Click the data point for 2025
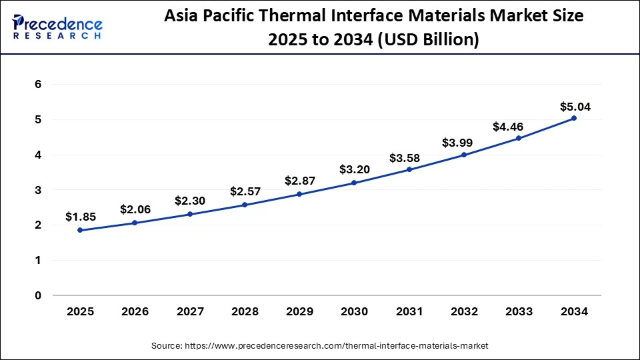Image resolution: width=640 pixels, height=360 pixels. (80, 230)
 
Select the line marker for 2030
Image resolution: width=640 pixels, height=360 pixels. (354, 183)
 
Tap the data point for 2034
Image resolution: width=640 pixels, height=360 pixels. (573, 118)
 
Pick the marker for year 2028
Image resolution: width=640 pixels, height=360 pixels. (245, 205)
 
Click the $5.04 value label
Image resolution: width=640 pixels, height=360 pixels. (575, 106)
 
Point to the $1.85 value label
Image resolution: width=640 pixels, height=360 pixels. (81, 217)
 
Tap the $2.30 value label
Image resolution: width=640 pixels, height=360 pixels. (190, 201)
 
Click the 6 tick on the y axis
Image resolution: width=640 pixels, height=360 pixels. (38, 85)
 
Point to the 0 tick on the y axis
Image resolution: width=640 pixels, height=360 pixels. (38, 295)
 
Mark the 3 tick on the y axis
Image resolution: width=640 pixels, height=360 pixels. (38, 190)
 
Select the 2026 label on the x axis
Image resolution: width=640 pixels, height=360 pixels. (135, 311)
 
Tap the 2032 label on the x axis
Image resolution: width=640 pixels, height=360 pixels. (464, 311)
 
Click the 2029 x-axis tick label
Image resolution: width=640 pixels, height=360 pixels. (299, 311)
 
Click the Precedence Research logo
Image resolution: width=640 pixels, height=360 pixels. (57, 27)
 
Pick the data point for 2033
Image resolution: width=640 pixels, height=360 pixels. (519, 138)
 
